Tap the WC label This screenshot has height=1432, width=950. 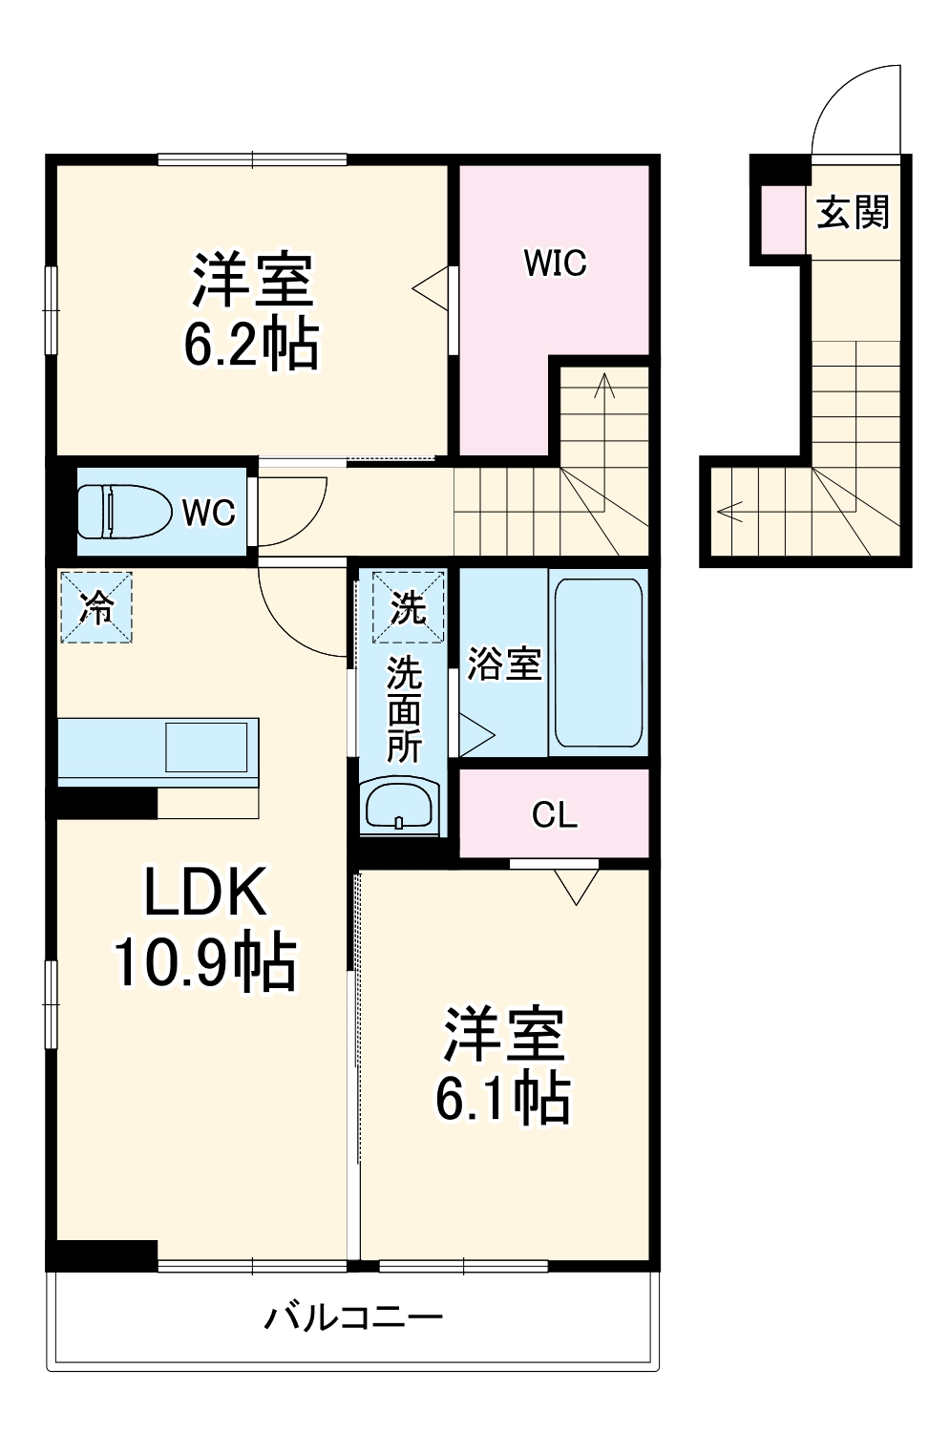coord(208,513)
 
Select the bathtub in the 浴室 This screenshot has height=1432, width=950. coord(598,662)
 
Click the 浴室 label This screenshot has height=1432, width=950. coord(504,663)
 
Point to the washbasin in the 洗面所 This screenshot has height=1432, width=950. coord(400,806)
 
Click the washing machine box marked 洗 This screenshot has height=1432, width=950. coord(408,607)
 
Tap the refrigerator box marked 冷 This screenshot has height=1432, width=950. coord(95,606)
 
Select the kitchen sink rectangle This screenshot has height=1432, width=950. coord(206,748)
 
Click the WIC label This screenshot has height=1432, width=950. coord(555,263)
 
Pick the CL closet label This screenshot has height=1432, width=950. coord(555,815)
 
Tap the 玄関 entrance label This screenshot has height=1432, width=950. coord(853,212)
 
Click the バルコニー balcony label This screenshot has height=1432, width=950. coord(353,1318)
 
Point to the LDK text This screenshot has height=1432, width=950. coord(204,893)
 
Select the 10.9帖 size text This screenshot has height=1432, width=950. coord(204,961)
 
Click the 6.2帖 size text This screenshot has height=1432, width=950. coord(251,344)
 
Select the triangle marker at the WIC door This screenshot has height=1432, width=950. coord(431,287)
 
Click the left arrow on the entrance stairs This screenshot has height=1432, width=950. coord(731,511)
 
